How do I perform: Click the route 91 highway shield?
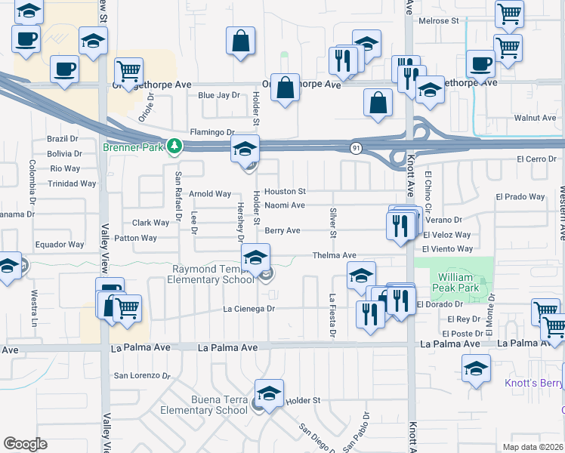pos(355,148)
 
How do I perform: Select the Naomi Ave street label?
pos(284,205)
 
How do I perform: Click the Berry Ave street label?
pos(282,231)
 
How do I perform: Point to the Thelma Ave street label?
pos(334,257)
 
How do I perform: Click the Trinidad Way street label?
pos(72,183)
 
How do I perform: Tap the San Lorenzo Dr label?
pos(142,375)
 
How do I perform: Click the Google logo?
pos(25,444)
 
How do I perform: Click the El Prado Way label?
pos(520,197)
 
